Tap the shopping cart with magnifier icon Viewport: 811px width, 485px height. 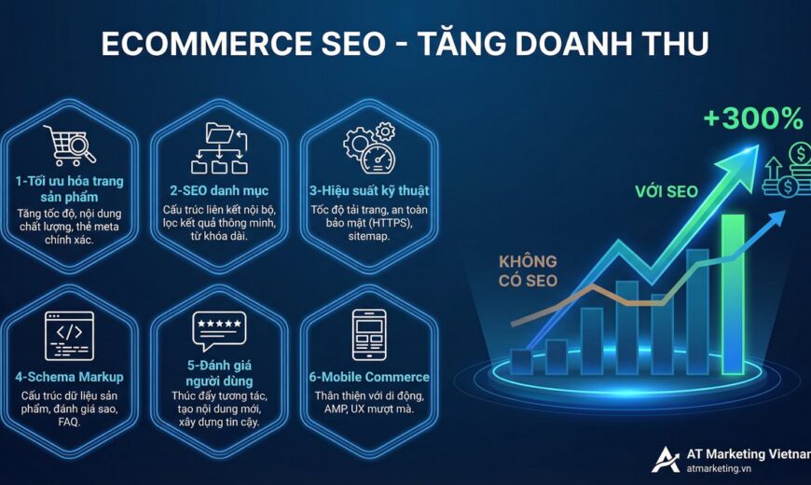(x=70, y=146)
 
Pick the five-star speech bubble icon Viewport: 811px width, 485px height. (x=219, y=331)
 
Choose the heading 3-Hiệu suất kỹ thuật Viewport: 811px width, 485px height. (x=369, y=191)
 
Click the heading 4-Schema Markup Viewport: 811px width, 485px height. (x=70, y=377)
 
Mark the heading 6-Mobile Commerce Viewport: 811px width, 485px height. (x=369, y=377)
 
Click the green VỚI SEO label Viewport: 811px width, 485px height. (x=667, y=191)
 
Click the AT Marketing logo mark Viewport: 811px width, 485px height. (x=666, y=459)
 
